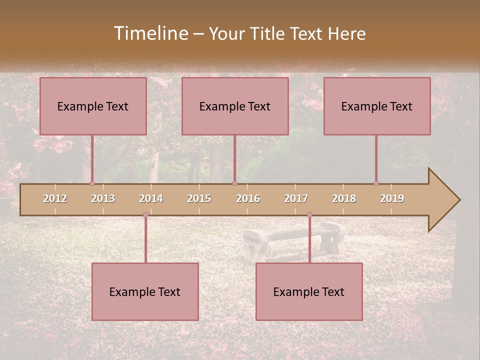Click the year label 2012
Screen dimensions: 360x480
pyautogui.click(x=55, y=198)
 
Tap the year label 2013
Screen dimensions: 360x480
pyautogui.click(x=103, y=198)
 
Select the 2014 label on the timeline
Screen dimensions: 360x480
pyautogui.click(x=151, y=198)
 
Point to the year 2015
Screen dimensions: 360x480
pyautogui.click(x=199, y=198)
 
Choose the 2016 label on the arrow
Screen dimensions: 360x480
pyautogui.click(x=248, y=198)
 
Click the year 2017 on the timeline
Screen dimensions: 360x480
pyautogui.click(x=296, y=198)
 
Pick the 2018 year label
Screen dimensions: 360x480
pyautogui.click(x=344, y=198)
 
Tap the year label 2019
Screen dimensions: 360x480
pyautogui.click(x=392, y=198)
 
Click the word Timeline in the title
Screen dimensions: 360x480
pyautogui.click(x=149, y=33)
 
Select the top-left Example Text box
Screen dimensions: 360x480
pyautogui.click(x=93, y=106)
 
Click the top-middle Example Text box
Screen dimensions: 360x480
pyautogui.click(x=235, y=106)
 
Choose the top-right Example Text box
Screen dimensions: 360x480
pyautogui.click(x=377, y=106)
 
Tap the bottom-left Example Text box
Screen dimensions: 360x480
pyautogui.click(x=145, y=291)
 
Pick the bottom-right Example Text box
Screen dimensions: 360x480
pyautogui.click(x=309, y=291)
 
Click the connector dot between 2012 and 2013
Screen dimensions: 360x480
pyautogui.click(x=92, y=183)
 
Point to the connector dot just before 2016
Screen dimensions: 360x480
pyautogui.click(x=234, y=183)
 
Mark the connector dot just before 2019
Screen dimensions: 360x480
pyautogui.click(x=376, y=183)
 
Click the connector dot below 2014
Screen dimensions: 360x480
pyautogui.click(x=145, y=215)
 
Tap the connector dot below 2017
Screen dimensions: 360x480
pyautogui.click(x=309, y=215)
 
